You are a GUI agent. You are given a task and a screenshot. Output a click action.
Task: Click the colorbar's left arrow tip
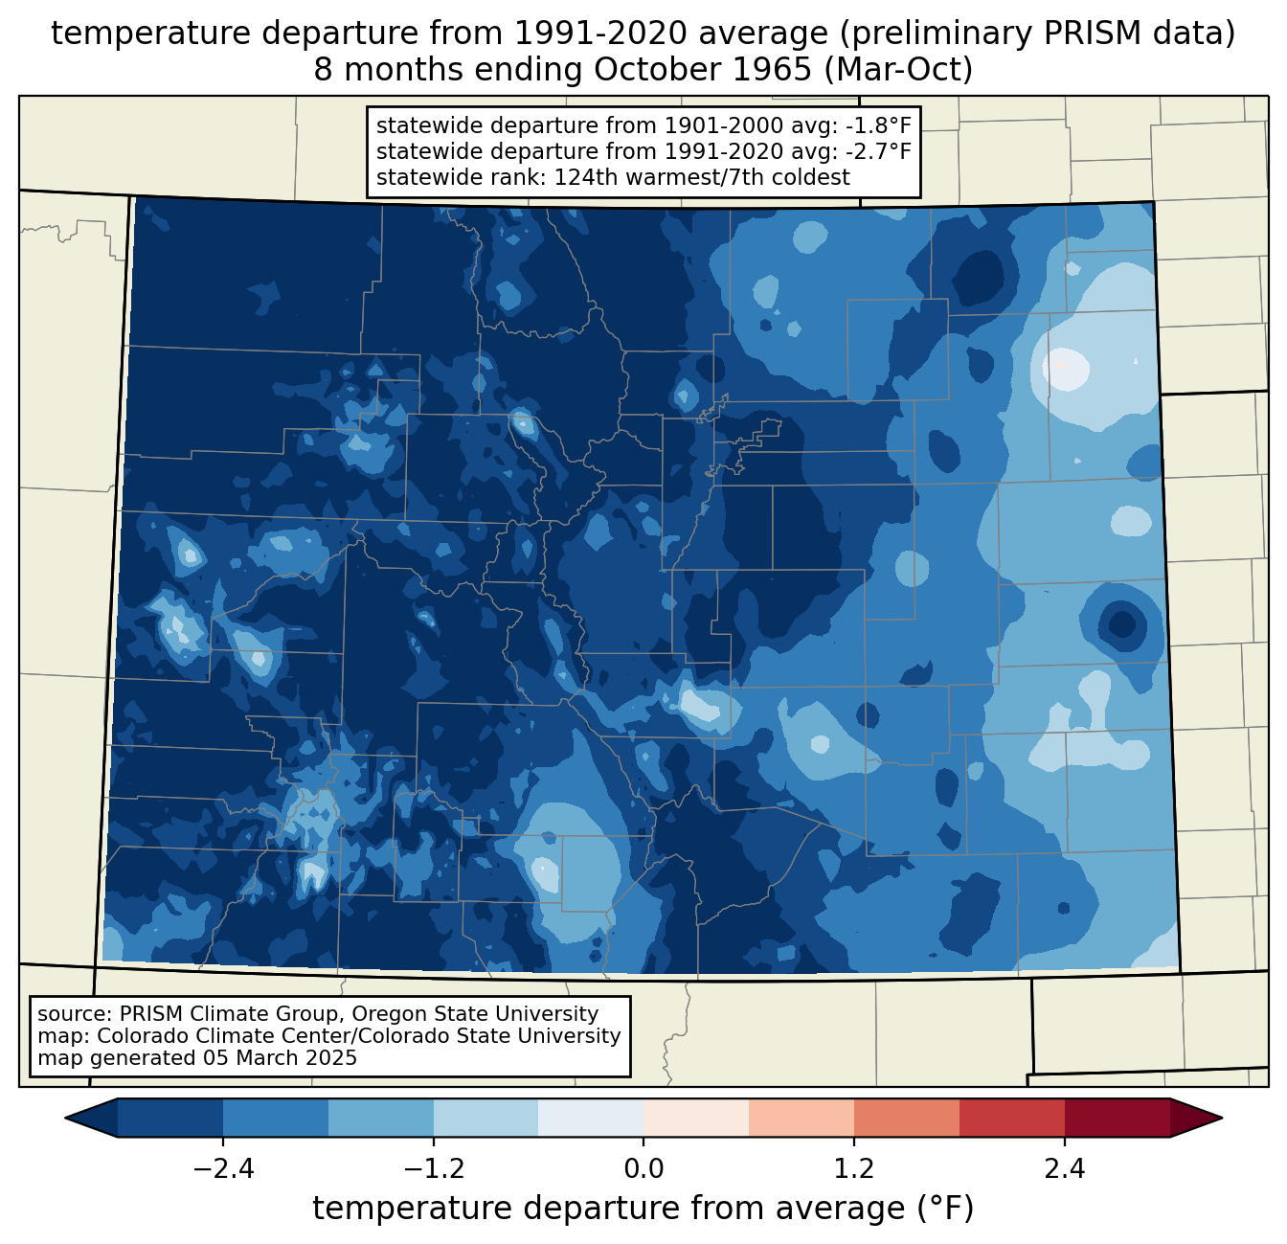click(65, 1119)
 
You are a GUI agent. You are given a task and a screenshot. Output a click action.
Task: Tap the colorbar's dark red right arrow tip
click(1222, 1119)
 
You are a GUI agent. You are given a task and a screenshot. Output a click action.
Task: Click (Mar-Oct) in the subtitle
click(898, 70)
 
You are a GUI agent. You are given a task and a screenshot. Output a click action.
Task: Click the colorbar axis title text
click(643, 1209)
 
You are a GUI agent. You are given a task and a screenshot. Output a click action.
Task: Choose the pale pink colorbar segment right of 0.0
click(696, 1119)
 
